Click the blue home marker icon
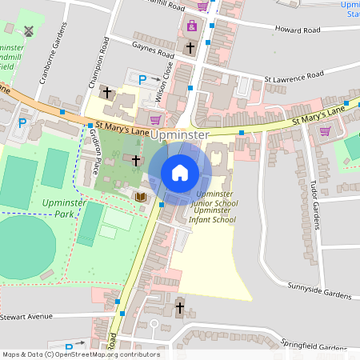(x=180, y=172)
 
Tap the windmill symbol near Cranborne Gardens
(x=30, y=31)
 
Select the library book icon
(x=141, y=196)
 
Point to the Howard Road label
(x=297, y=30)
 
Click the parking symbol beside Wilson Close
(x=143, y=79)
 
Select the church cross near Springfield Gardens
(x=179, y=307)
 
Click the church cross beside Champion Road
(x=107, y=93)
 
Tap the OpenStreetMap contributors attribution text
(x=80, y=354)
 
